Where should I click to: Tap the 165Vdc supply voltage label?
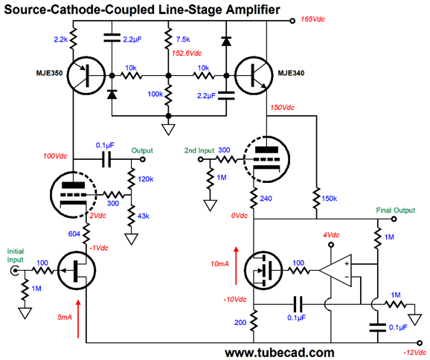point(312,19)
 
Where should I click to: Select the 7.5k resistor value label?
point(183,39)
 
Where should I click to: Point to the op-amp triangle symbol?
point(336,271)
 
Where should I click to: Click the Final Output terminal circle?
point(394,219)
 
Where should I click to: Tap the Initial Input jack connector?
point(13,271)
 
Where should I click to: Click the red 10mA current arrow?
point(236,266)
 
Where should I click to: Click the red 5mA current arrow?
point(78,319)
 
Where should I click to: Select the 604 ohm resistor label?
point(74,234)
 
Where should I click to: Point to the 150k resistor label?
point(329,199)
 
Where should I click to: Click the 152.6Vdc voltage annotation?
point(187,53)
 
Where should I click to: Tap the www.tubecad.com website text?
point(280,353)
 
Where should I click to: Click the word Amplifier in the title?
point(253,10)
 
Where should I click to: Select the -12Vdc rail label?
point(415,353)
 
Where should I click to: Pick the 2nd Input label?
point(199,150)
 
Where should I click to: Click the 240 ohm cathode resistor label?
point(266,199)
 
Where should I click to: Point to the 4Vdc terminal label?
point(331,235)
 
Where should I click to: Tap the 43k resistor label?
point(144,216)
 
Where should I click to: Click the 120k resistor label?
point(146,179)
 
